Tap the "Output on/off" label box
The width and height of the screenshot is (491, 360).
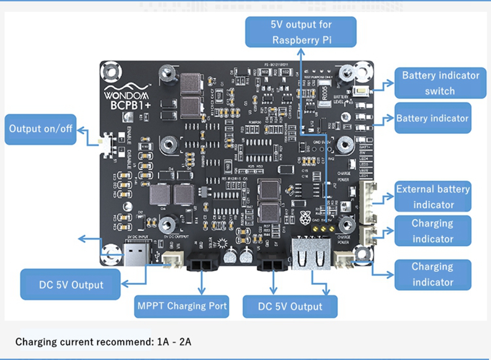point(41,129)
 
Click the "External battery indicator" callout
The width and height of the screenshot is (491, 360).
point(433,197)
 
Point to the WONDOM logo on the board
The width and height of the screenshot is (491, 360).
point(128,91)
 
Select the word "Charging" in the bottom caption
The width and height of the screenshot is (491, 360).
point(34,341)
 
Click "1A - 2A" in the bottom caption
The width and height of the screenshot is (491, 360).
point(174,341)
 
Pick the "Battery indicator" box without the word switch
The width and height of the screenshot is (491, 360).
point(432,118)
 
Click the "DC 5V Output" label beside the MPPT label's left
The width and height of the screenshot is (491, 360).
point(70,285)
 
